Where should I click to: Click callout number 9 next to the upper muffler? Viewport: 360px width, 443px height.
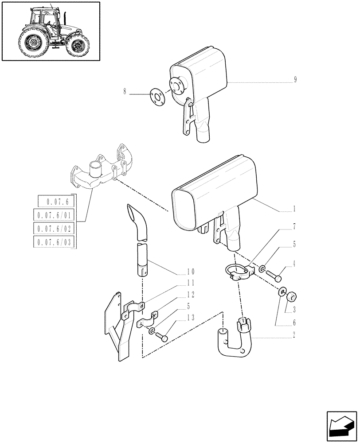point(295,80)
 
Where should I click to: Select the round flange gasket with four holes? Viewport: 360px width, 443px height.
point(156,96)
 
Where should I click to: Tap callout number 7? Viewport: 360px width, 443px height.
point(294,226)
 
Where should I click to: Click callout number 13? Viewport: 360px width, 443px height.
point(191,317)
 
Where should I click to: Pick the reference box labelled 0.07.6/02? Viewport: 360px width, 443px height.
point(55,229)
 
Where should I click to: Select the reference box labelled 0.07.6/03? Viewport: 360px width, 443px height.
point(55,242)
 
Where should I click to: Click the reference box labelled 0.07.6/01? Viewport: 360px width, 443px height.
point(55,215)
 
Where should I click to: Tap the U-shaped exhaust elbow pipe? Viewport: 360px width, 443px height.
point(235,341)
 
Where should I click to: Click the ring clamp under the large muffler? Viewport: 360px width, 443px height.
point(238,272)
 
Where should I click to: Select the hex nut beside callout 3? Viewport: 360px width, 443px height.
point(292,296)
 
